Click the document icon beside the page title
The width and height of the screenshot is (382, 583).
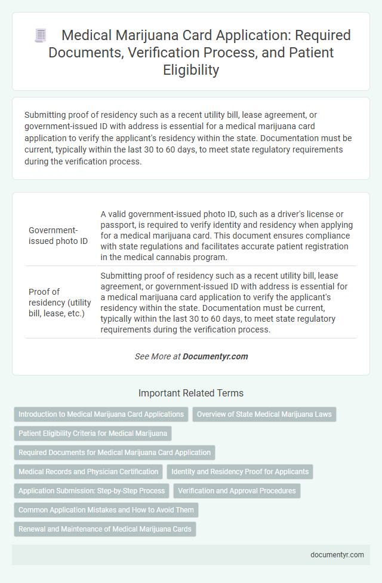(41, 36)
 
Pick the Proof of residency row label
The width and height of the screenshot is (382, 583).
(60, 302)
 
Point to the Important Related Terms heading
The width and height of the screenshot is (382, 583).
(190, 393)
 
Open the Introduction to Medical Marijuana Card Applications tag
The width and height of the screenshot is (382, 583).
(101, 414)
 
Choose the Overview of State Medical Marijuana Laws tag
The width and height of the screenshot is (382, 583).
(264, 414)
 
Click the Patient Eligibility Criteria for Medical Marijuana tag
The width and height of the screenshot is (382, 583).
(93, 433)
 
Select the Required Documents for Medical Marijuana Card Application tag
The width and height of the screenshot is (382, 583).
(114, 452)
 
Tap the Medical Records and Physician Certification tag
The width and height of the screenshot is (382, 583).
(88, 471)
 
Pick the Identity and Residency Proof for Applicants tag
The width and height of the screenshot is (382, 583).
(240, 471)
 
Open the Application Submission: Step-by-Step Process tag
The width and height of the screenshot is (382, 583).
(91, 491)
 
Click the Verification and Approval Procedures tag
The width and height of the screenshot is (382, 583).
(237, 491)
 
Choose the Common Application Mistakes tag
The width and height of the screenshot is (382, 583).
(106, 510)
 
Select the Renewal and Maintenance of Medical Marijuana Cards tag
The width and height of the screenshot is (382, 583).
(104, 529)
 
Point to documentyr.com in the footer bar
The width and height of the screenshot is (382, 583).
(337, 554)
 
